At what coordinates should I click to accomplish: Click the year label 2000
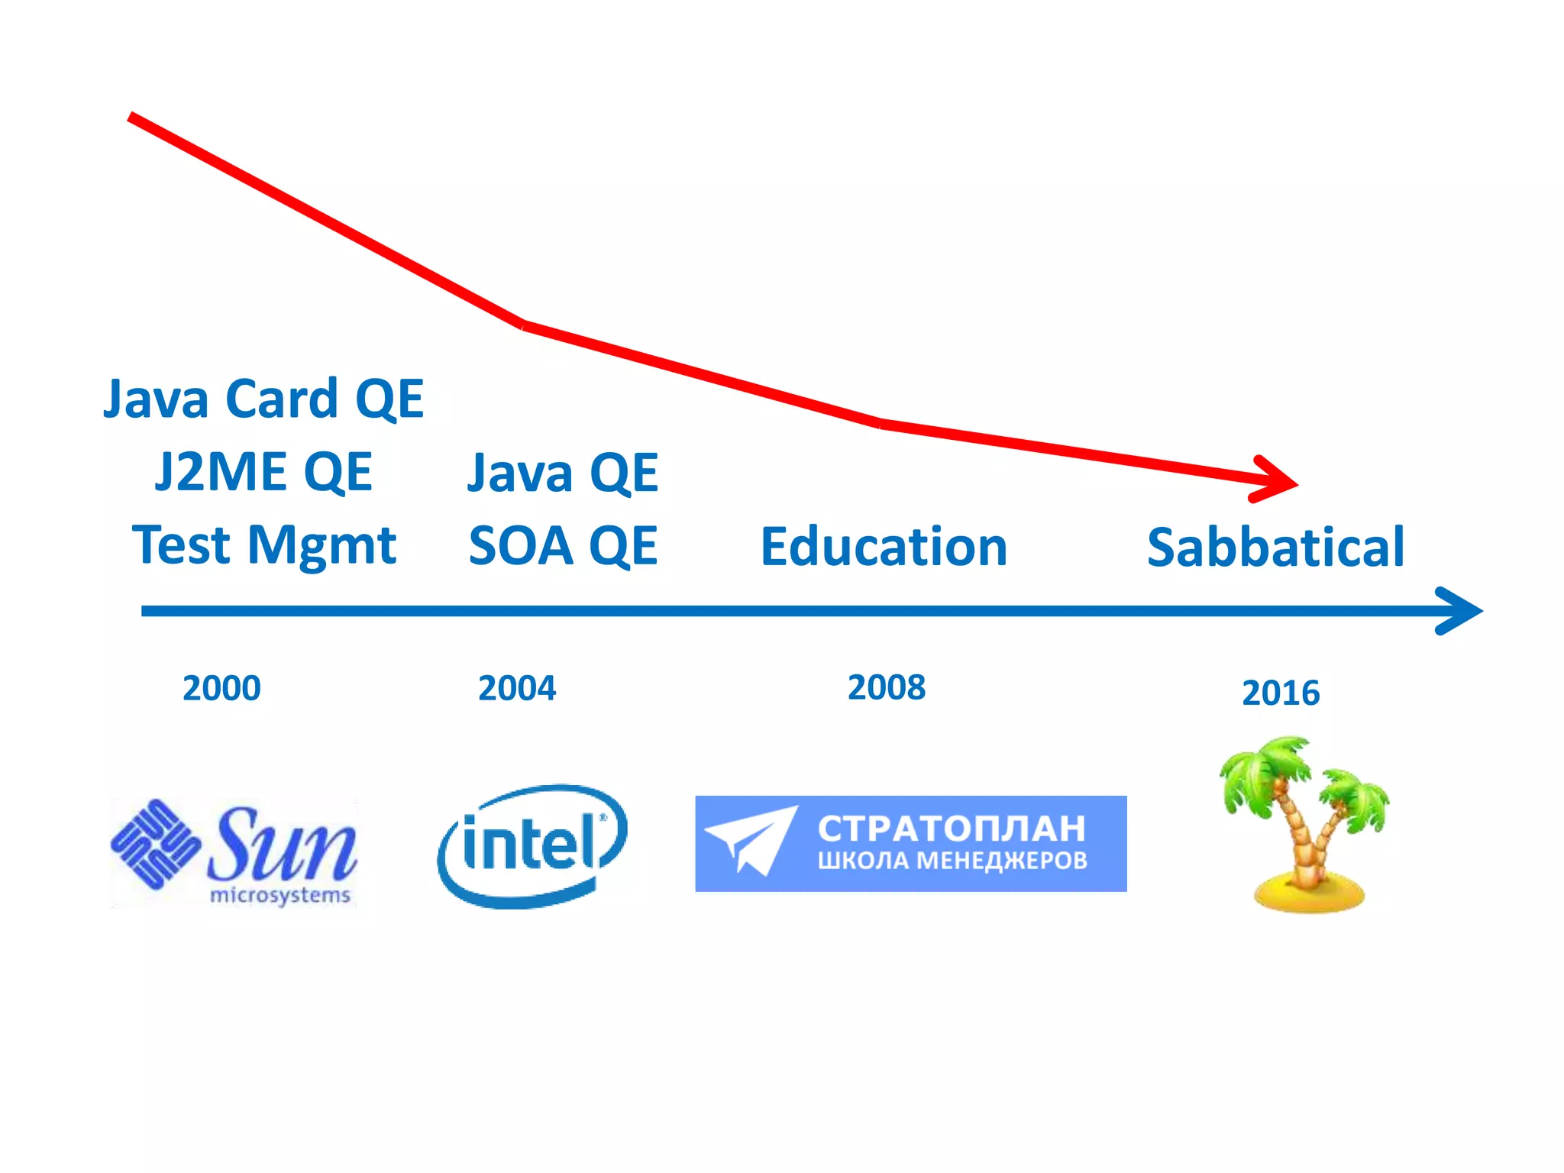click(x=221, y=688)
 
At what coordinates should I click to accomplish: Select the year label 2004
click(x=517, y=688)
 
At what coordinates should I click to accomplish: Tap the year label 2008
click(x=887, y=687)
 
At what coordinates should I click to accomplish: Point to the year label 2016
click(x=1281, y=693)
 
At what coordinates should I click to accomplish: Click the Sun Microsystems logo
click(x=234, y=851)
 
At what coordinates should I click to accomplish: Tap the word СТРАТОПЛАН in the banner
click(x=952, y=828)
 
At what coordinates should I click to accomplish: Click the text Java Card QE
click(x=263, y=399)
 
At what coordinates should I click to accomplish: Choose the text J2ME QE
click(x=263, y=471)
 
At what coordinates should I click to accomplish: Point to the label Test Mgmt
click(x=264, y=545)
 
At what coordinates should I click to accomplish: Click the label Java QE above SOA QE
click(x=563, y=473)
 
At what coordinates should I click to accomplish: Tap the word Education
click(x=884, y=547)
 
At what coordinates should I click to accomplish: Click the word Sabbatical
click(x=1275, y=548)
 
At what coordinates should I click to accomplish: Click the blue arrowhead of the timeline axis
click(x=1462, y=611)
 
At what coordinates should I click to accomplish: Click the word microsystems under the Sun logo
click(x=280, y=895)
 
